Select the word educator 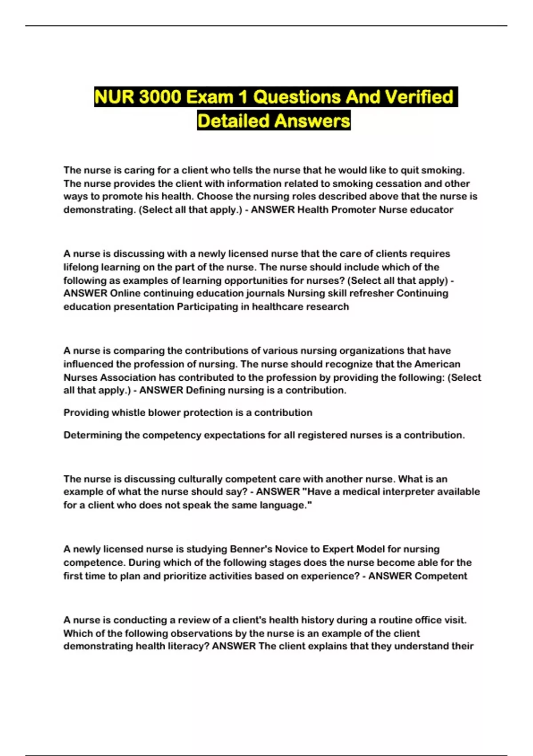pos(431,210)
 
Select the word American pos(437,364)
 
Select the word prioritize pos(190,576)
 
